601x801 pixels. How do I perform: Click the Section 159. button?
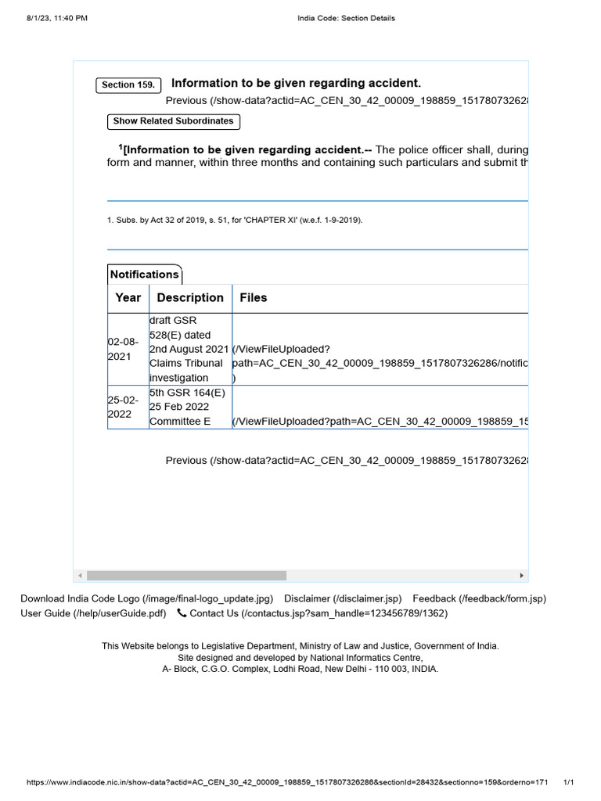(128, 84)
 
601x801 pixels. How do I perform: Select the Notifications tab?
(144, 275)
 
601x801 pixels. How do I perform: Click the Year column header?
(128, 298)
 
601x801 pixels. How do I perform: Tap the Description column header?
(190, 298)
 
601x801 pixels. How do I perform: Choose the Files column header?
(254, 298)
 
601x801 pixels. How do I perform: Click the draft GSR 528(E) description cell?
(190, 349)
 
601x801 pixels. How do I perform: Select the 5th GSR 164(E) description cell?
(190, 407)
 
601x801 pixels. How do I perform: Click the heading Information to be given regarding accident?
(296, 83)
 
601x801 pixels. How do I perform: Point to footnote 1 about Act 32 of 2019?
(235, 221)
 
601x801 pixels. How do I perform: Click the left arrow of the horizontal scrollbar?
(80, 576)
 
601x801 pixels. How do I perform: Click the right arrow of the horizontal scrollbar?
(522, 576)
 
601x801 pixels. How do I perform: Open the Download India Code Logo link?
(146, 598)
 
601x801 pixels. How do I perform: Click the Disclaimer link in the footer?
(343, 598)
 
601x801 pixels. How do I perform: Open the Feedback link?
(479, 598)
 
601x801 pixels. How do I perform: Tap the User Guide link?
(93, 613)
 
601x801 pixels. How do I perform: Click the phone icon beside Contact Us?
(182, 613)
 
